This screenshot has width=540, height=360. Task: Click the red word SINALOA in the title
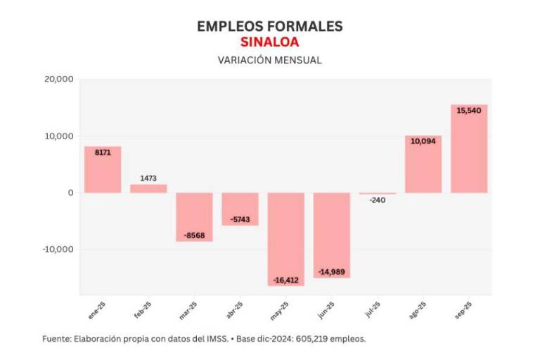click(x=269, y=42)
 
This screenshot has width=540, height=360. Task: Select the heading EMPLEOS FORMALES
click(x=269, y=26)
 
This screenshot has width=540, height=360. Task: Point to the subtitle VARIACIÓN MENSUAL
click(x=269, y=60)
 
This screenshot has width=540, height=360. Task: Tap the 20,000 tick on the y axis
click(x=59, y=79)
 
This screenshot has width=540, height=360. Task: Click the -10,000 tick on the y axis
click(x=57, y=250)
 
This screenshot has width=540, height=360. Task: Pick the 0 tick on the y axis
click(x=71, y=193)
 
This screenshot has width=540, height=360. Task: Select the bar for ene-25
click(x=103, y=169)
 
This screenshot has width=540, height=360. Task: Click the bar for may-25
click(x=286, y=239)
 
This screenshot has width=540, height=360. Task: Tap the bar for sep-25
click(x=469, y=149)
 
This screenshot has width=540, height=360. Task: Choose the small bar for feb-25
click(x=148, y=188)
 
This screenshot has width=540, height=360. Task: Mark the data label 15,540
click(x=469, y=111)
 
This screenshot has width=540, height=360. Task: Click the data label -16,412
click(x=286, y=280)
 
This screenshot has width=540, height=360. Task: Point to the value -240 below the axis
click(x=378, y=200)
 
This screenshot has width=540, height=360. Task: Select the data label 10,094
click(x=423, y=141)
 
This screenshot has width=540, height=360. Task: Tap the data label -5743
click(x=240, y=219)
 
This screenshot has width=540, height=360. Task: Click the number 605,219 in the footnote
click(x=313, y=339)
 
